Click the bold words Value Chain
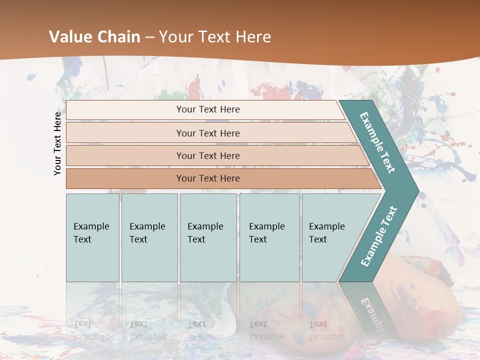(94, 37)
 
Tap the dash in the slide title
(149, 37)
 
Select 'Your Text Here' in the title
(215, 37)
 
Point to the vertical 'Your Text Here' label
(57, 143)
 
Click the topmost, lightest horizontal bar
(205, 109)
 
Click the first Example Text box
(92, 237)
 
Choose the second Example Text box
(149, 237)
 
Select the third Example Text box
(208, 237)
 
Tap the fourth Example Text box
(269, 237)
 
